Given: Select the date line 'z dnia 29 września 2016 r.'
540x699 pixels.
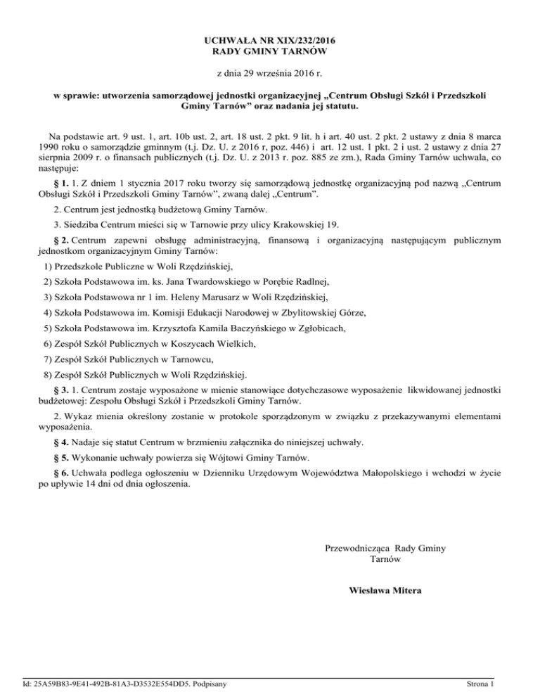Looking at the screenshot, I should pos(270,73).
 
